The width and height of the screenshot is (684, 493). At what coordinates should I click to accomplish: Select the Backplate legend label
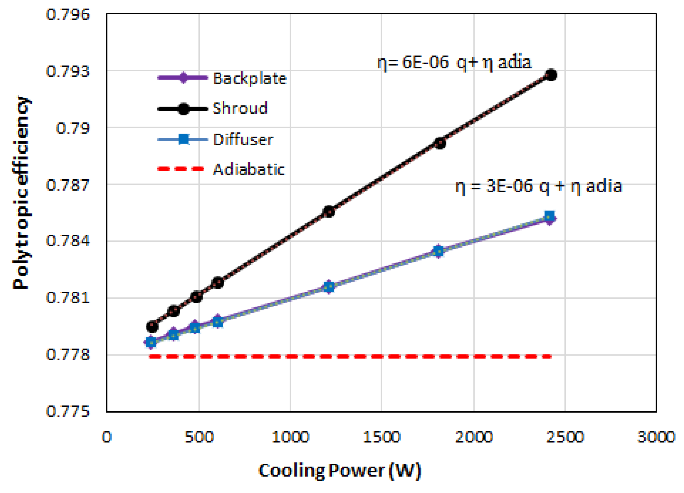pos(249,79)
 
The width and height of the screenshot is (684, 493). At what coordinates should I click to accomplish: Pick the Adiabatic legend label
pos(249,169)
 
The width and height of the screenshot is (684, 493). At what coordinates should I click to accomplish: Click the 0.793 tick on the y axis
pos(68,71)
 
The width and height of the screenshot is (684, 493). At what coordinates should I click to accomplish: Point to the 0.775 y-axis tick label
pos(68,411)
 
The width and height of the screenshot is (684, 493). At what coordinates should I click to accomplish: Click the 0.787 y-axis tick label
pos(68,185)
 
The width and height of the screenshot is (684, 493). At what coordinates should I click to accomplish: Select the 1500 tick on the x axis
pos(381,437)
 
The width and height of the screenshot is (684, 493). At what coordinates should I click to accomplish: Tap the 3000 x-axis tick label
pos(656,437)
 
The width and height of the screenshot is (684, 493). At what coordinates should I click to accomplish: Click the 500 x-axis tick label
pos(199,437)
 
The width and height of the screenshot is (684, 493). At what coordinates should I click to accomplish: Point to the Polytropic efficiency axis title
pos(21,193)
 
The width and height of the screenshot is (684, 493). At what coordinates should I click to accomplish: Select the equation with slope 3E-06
pos(538,186)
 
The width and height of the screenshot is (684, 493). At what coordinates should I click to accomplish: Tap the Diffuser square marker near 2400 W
pos(550,216)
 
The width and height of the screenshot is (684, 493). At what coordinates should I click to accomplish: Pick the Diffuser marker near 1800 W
pos(439,251)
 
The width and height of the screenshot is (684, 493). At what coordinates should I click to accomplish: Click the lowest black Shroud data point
pos(152,326)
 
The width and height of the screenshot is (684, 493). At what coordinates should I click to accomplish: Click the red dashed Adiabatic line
pos(350,356)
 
